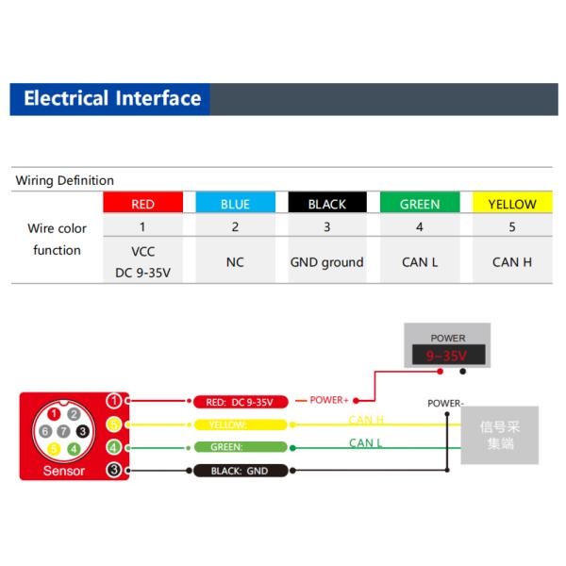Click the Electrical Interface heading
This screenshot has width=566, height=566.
coord(112,99)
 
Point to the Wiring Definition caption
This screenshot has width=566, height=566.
coord(65,180)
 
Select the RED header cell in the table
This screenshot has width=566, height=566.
coord(143,204)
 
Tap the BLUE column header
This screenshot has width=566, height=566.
coord(235,204)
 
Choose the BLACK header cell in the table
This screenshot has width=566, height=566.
coord(327,204)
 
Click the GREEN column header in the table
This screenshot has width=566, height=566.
coord(420,204)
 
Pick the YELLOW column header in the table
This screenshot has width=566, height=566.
coord(512,204)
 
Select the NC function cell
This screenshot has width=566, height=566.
coord(235,262)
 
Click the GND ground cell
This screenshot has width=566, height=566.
coord(326,262)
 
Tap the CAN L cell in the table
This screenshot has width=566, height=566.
coord(420,262)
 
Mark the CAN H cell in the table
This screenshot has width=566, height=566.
coord(512,262)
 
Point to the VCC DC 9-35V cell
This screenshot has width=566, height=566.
coord(143,262)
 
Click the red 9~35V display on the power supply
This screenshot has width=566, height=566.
coord(448,357)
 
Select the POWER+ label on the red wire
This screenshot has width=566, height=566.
coord(329,400)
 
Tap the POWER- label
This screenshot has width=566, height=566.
coord(445,403)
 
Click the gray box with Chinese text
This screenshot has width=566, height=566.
coord(499,435)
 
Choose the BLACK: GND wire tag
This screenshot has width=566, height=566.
coord(239,470)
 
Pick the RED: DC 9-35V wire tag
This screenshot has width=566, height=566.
coord(239,402)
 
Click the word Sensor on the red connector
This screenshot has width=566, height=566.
coord(63,471)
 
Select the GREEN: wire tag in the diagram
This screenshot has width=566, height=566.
coord(239,447)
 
